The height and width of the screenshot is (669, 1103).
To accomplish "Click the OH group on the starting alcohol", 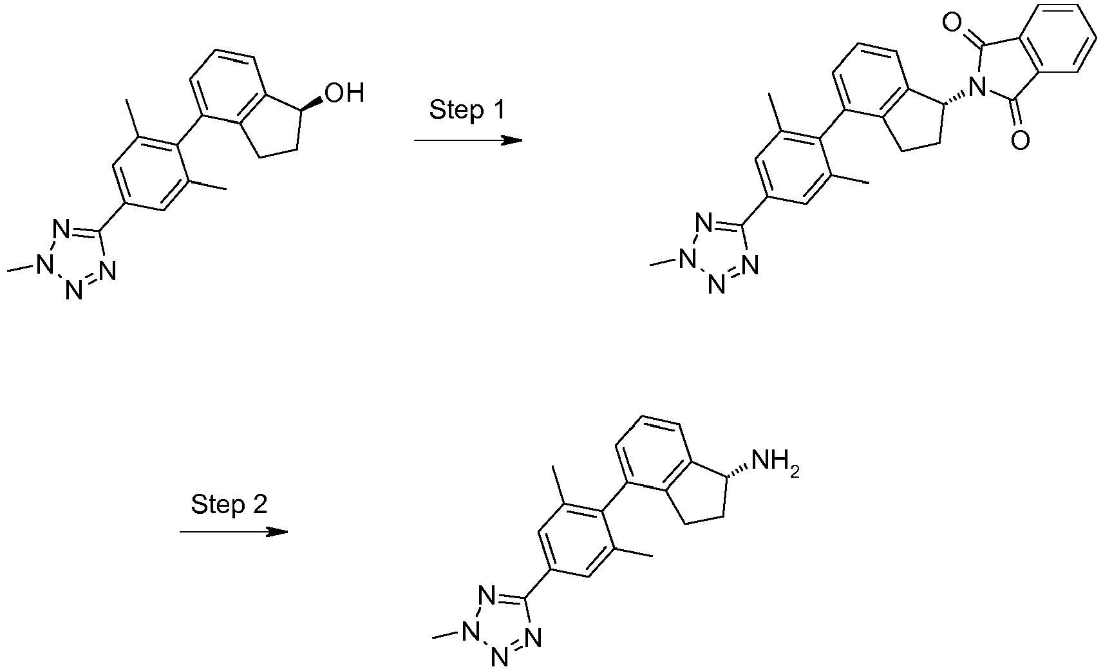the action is [344, 93].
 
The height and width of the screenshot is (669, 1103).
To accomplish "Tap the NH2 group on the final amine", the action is [775, 463].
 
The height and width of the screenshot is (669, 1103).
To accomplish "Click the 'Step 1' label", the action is [467, 109].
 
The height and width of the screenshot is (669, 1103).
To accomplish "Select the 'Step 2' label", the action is [229, 504].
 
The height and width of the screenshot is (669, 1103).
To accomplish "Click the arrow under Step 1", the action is [467, 141].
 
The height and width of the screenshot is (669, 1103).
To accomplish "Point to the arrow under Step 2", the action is [234, 532].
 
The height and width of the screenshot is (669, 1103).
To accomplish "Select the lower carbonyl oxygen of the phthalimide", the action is [1020, 140].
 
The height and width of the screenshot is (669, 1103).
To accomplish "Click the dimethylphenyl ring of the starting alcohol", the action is [149, 173].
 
